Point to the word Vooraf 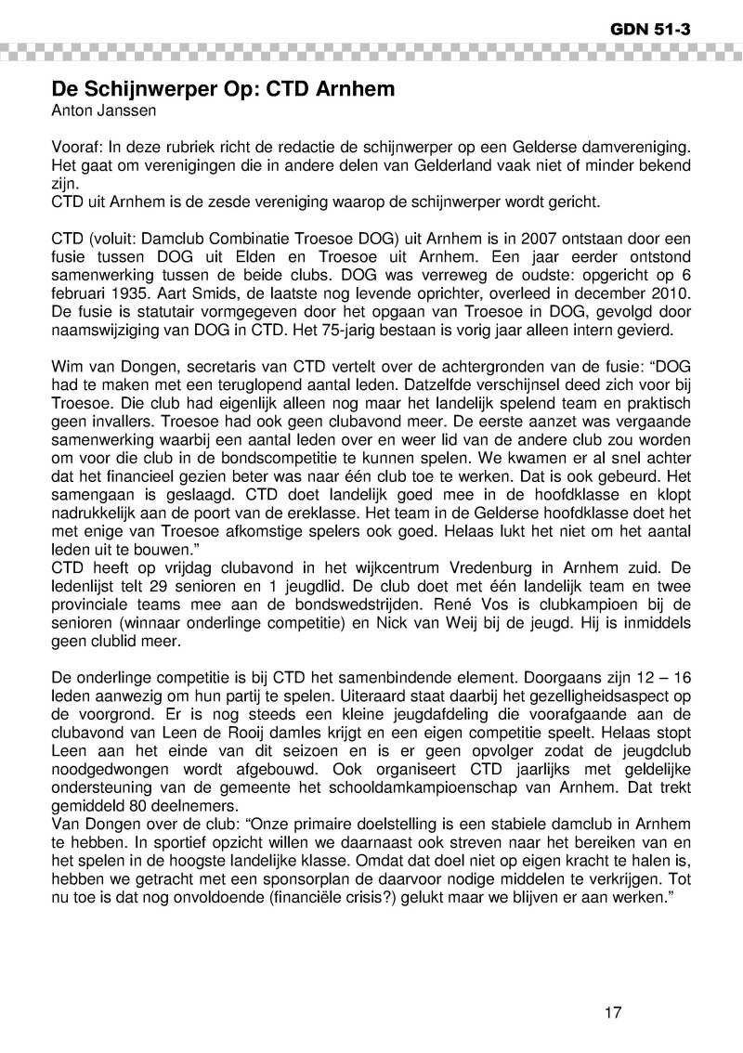[x=76, y=149]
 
